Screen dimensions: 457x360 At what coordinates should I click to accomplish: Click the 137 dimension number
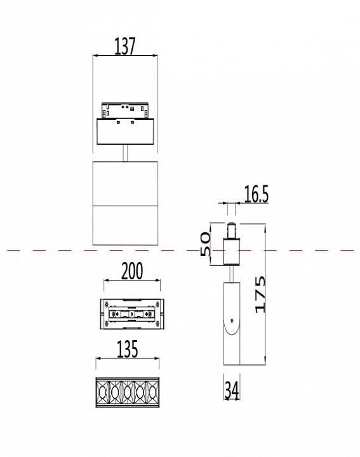point(125,46)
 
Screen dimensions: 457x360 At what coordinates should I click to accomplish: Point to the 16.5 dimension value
point(256,195)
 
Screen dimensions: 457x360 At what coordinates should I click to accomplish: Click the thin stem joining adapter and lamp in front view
point(126,154)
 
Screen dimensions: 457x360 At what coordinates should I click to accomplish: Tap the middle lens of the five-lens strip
point(126,394)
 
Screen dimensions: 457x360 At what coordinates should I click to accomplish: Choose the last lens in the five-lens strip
point(151,394)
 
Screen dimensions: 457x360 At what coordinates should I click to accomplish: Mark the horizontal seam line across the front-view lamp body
point(125,206)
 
